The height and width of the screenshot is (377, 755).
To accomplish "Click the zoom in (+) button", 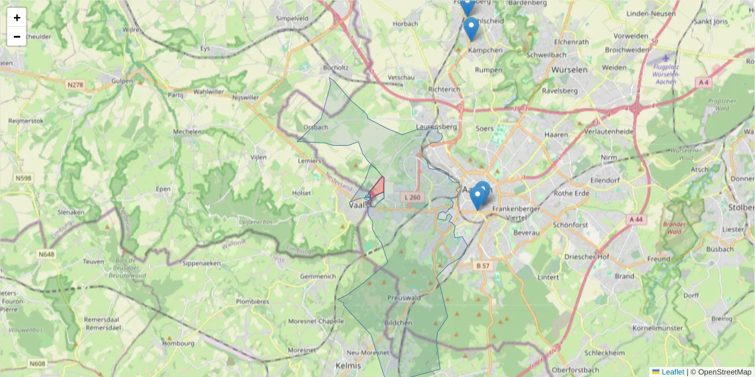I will coord(17,18).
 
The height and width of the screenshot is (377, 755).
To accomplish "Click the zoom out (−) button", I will coord(17,36).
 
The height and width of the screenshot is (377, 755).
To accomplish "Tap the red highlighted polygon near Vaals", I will coord(377,188).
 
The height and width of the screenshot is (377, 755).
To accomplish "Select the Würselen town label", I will coord(569,70).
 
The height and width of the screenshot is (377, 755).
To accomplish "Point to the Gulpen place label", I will coord(123,81).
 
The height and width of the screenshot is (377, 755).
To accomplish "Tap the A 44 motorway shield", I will coord(636,219).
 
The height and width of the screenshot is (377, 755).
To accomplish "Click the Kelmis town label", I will coord(349,365).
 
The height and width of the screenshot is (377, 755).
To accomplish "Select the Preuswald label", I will coord(403,298).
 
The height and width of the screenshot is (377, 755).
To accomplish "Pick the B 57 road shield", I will coord(483,266).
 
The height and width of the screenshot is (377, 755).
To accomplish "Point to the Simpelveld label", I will coord(292,19).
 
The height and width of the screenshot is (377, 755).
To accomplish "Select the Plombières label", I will coord(252,302).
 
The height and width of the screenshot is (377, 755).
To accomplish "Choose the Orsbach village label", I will coord(315,127).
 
